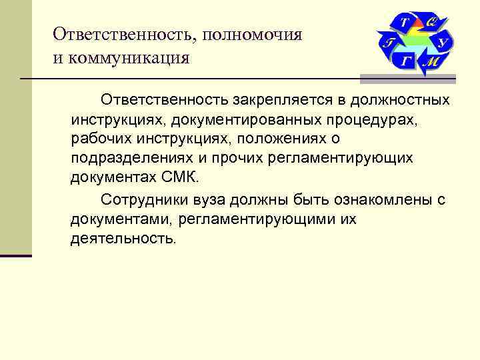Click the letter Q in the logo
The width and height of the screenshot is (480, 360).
tap(431, 23)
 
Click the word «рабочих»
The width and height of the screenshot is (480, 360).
tap(96, 139)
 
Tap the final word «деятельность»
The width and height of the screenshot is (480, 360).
tap(123, 238)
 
